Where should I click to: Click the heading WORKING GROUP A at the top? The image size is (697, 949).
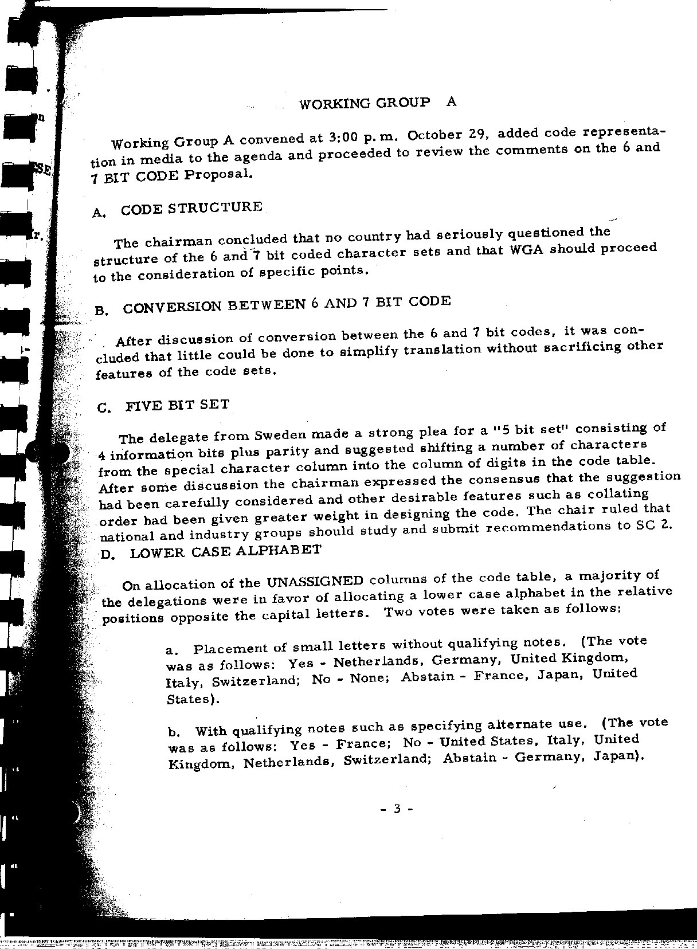[x=378, y=103]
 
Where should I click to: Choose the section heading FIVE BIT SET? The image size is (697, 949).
[x=178, y=405]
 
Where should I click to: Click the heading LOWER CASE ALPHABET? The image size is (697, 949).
[x=226, y=551]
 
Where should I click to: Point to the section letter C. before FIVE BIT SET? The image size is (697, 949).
[x=104, y=408]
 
